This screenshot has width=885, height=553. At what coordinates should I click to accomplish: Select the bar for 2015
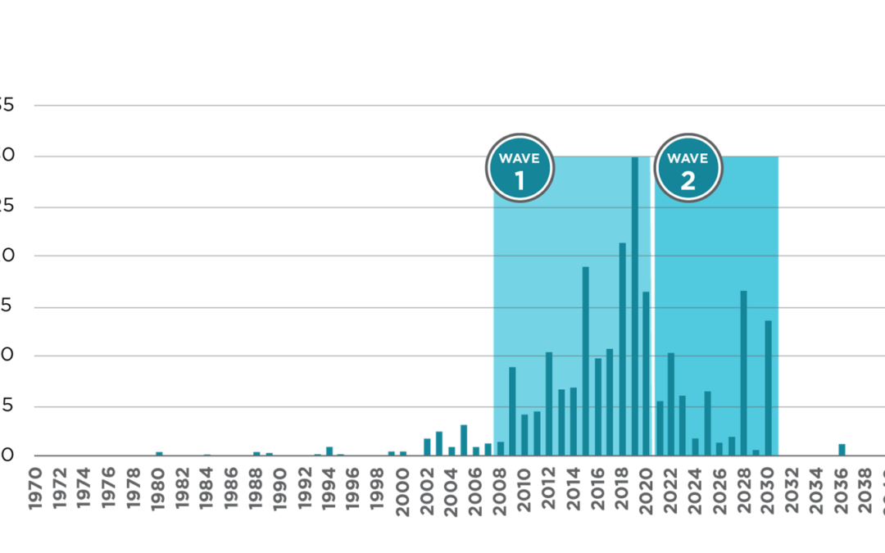pyautogui.click(x=586, y=360)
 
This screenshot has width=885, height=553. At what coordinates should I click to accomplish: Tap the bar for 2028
pyautogui.click(x=744, y=373)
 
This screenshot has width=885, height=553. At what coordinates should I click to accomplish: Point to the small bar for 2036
pyautogui.click(x=842, y=449)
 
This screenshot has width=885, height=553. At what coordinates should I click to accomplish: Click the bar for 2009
pyautogui.click(x=513, y=410)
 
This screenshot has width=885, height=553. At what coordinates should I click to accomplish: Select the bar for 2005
pyautogui.click(x=464, y=439)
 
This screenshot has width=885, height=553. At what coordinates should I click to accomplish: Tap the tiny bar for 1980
pyautogui.click(x=159, y=452)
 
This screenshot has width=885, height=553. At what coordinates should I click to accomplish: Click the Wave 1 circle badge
pyautogui.click(x=520, y=168)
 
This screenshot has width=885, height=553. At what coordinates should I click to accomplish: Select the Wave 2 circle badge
pyautogui.click(x=688, y=168)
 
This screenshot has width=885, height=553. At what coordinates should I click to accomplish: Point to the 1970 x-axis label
pyautogui.click(x=36, y=488)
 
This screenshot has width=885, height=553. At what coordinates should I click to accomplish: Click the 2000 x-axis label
pyautogui.click(x=402, y=492)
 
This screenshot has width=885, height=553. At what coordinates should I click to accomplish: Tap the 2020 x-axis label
pyautogui.click(x=647, y=492)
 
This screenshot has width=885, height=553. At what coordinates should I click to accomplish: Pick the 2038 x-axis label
pyautogui.click(x=866, y=488)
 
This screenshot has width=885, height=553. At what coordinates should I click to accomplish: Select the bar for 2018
pyautogui.click(x=623, y=349)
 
